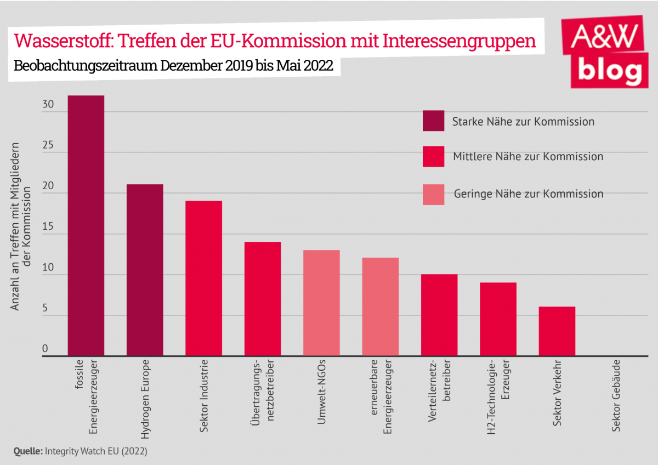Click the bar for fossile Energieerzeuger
86,225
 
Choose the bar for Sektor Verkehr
557,331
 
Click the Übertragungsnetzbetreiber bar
263,299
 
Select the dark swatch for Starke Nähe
433,121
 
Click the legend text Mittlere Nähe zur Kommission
528,157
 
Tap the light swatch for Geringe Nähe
433,194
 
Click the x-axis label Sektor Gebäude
616,395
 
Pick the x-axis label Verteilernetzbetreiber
439,388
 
